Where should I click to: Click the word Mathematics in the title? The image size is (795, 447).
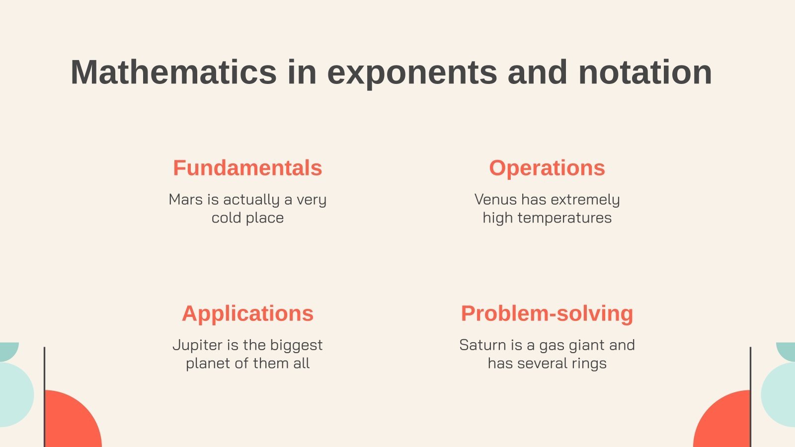[173, 72]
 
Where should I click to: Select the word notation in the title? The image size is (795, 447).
[645, 72]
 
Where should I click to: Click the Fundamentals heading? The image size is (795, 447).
[247, 168]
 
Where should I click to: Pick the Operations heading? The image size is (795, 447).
[547, 168]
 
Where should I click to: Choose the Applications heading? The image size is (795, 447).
[247, 313]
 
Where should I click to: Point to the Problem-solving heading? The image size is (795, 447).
[547, 313]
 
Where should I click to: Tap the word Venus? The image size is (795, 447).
[495, 199]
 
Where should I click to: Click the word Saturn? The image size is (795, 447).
[479, 345]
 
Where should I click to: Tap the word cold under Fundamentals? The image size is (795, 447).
[227, 218]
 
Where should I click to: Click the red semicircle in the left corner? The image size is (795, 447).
[72, 422]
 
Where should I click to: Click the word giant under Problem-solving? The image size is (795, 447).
[584, 345]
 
